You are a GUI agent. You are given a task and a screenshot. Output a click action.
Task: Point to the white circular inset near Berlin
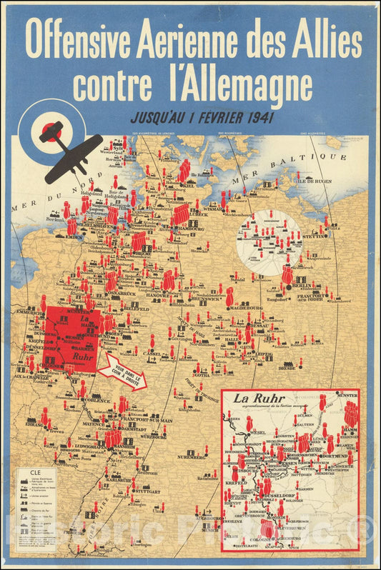pos(269,241)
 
